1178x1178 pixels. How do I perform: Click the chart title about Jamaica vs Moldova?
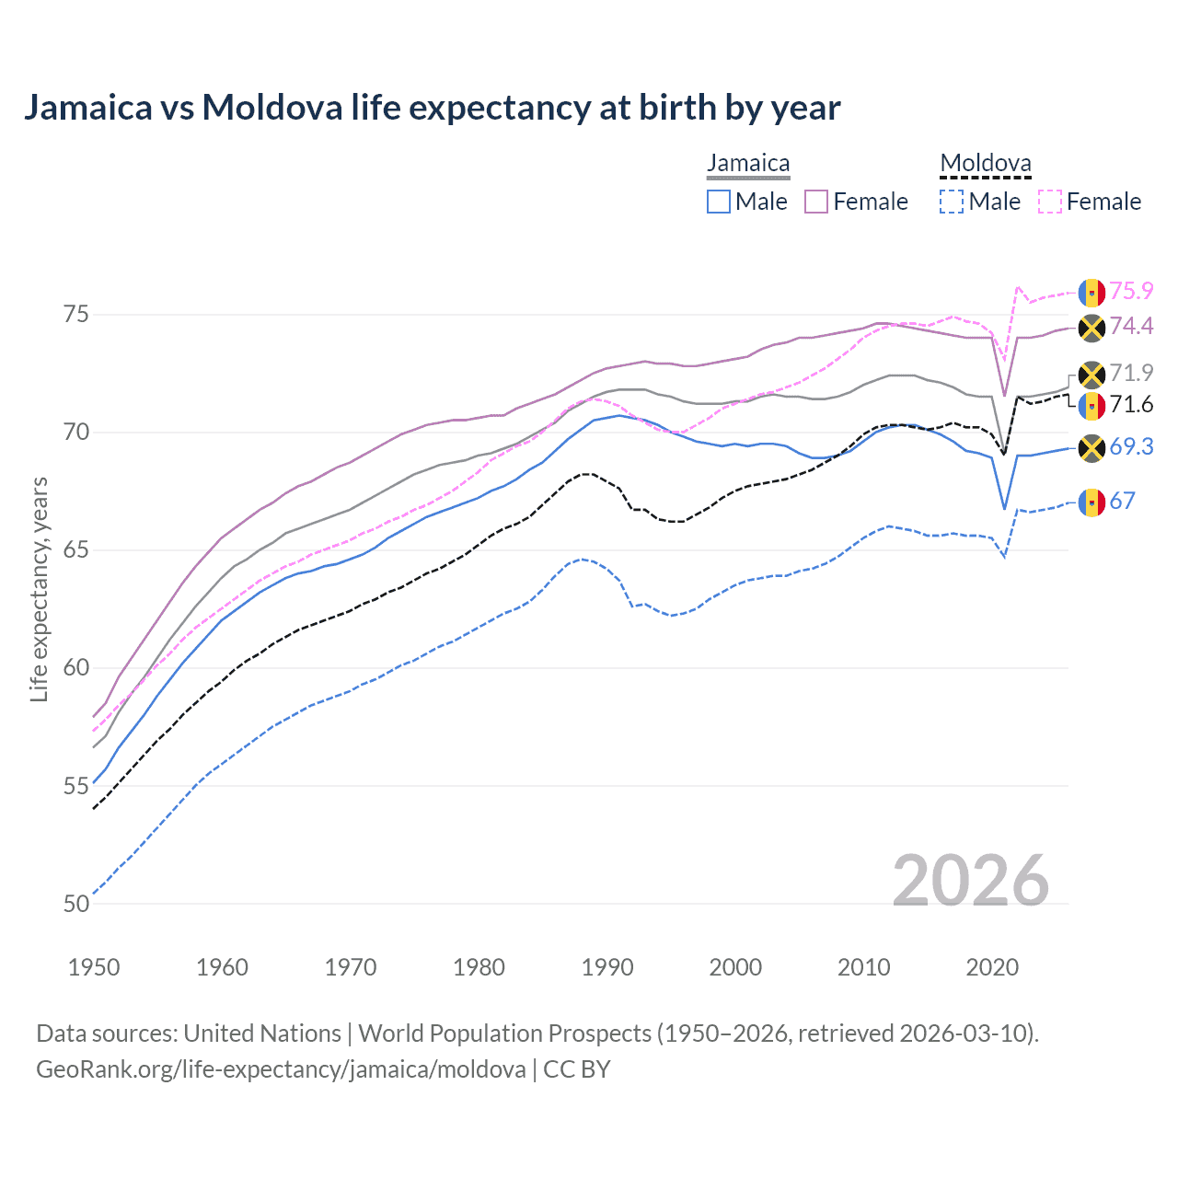coord(432,108)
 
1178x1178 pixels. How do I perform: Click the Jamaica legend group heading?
coord(748,164)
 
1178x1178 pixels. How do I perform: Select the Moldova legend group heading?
coord(985,164)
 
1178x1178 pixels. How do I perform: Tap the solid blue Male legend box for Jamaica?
coord(719,202)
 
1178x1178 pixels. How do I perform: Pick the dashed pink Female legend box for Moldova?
coord(1050,202)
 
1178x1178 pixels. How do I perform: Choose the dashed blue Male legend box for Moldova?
coord(952,202)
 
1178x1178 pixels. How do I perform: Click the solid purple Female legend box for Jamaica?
coord(816,202)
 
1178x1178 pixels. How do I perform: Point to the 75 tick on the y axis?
coord(76,315)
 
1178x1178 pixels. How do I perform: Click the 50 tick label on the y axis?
coord(76,904)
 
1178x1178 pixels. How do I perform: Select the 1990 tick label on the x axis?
coord(607,967)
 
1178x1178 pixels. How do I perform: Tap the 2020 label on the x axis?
coord(992,967)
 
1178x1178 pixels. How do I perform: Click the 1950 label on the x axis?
coord(94,967)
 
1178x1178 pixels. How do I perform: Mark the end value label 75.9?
coord(1131,291)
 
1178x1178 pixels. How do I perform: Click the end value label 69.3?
coord(1131,447)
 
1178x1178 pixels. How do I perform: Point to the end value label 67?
coord(1122,501)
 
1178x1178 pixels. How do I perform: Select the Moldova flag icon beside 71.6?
coord(1091,405)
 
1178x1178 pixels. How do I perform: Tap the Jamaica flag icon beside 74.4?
coord(1091,327)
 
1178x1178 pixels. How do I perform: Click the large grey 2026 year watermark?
coord(970,881)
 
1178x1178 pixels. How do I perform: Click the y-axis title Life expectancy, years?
coord(39,589)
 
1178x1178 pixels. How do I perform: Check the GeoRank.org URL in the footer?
coord(281,1069)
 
